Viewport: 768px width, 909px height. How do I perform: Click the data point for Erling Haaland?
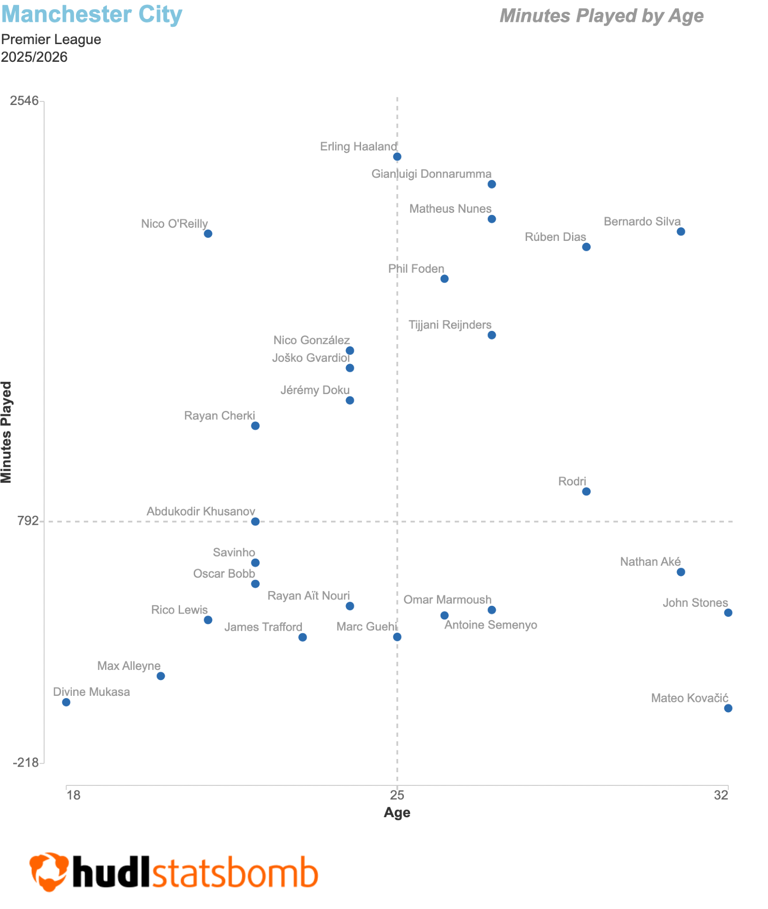397,157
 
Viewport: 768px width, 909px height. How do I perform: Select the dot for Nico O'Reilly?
208,234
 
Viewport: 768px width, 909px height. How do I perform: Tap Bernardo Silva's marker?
681,231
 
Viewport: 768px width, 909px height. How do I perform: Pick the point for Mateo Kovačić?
728,708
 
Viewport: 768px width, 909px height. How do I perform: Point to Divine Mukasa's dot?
66,702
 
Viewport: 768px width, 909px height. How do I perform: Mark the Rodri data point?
586,491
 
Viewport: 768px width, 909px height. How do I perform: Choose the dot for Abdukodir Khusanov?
255,521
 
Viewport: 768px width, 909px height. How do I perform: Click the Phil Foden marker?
444,279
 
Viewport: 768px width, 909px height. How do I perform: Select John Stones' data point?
728,613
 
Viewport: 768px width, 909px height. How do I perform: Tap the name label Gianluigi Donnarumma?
431,174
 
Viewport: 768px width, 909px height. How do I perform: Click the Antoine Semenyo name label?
491,625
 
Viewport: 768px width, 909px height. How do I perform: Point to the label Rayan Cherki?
219,416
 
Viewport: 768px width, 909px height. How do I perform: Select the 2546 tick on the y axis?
25,100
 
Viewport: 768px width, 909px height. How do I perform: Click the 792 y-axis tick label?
28,521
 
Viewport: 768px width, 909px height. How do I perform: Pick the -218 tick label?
25,763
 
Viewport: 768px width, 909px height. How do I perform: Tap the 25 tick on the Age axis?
397,795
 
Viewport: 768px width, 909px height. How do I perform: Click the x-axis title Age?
397,813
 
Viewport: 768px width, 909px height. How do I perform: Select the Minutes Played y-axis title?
6,432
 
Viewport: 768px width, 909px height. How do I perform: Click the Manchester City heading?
91,15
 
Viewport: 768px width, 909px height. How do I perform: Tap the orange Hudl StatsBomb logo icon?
49,871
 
